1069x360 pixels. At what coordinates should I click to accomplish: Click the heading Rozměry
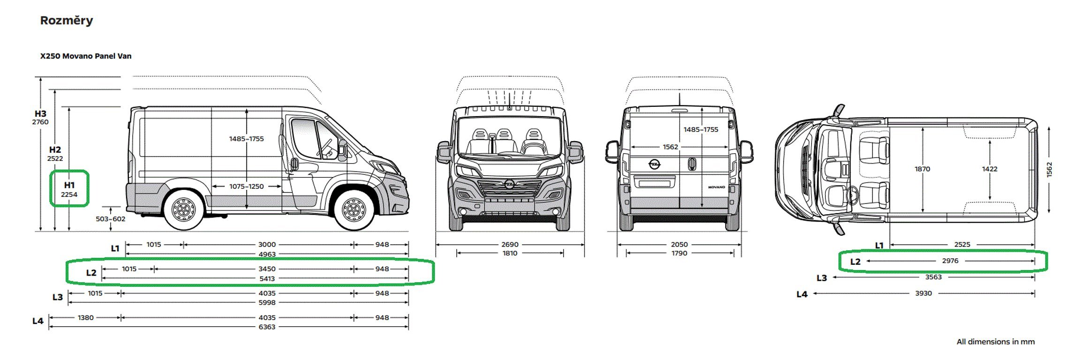tap(67, 21)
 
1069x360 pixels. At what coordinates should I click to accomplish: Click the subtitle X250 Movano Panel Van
tap(86, 56)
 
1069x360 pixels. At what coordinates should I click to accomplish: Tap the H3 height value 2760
tap(40, 122)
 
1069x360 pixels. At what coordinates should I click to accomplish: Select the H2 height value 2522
tap(55, 158)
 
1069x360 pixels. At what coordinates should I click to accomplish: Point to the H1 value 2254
tap(69, 195)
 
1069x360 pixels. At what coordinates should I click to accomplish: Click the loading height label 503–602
tap(111, 219)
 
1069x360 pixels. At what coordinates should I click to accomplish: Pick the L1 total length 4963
tap(267, 255)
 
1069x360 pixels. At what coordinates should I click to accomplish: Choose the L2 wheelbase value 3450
tap(267, 269)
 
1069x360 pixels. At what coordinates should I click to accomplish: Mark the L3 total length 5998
tap(267, 303)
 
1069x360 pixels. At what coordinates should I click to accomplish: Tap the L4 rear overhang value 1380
tap(86, 318)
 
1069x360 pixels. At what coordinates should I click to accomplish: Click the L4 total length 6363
tap(267, 327)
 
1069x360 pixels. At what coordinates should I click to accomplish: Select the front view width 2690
tap(510, 245)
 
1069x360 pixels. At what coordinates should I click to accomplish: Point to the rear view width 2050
tap(679, 245)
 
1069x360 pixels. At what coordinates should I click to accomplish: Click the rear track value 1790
tap(679, 254)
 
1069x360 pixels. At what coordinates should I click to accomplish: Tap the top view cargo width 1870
tap(922, 169)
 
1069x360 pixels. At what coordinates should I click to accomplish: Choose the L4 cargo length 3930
tap(924, 293)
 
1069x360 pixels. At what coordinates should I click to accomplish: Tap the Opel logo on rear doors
tap(655, 164)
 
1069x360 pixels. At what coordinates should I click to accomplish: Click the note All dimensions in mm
tap(995, 342)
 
